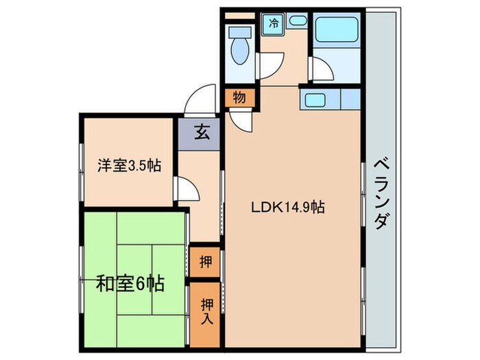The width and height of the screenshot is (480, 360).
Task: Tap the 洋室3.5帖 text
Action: point(129,165)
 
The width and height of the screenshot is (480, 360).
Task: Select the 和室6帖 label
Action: point(130,283)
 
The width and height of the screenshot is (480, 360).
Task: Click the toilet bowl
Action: point(241,52)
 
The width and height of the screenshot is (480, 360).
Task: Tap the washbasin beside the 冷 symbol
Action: point(298,21)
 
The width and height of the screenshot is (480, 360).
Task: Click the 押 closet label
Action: point(205,261)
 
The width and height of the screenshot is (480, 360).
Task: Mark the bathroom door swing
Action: point(320,69)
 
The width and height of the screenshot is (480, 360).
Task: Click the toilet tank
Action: point(239,32)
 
